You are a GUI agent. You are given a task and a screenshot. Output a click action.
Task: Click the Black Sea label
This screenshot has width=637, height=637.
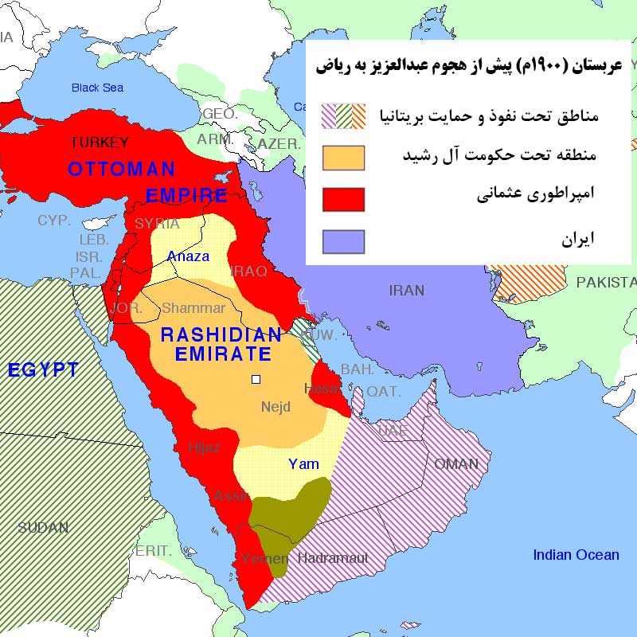[97, 88]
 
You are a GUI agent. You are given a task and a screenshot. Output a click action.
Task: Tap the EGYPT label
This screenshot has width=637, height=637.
[43, 369]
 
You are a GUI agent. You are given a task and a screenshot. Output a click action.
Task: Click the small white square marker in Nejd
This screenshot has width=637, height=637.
[256, 380]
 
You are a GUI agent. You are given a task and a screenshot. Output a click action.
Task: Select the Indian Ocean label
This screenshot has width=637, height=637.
[576, 555]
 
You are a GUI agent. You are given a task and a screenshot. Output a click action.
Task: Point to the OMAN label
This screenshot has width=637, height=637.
[455, 463]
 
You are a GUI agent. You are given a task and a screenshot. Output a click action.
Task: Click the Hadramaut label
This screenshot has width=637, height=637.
[333, 558]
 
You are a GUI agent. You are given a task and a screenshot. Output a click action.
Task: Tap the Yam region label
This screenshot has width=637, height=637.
[303, 463]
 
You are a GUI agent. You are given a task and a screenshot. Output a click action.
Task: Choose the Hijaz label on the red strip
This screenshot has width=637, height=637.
[204, 447]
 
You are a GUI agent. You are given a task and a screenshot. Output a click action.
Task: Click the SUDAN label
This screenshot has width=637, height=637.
[43, 527]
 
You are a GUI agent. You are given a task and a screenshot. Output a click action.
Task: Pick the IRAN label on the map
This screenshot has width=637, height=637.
[407, 291]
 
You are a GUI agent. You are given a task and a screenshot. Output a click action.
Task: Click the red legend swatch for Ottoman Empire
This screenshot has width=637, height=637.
[343, 199]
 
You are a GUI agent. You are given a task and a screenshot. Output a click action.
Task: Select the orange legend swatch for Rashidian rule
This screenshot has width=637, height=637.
[343, 158]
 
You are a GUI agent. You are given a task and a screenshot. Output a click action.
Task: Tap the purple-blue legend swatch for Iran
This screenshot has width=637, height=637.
[343, 241]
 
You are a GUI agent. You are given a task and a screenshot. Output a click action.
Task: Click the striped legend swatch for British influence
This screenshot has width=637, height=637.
[343, 116]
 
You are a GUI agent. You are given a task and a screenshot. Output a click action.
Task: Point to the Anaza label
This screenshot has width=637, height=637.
[188, 256]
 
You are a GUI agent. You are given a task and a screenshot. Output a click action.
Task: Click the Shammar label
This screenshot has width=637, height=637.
[193, 308]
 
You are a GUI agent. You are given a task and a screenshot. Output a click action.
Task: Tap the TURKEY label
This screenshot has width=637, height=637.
[99, 143]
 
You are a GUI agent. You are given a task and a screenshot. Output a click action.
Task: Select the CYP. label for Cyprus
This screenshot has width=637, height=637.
[54, 220]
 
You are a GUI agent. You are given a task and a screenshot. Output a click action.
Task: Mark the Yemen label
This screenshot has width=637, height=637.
[263, 558]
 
